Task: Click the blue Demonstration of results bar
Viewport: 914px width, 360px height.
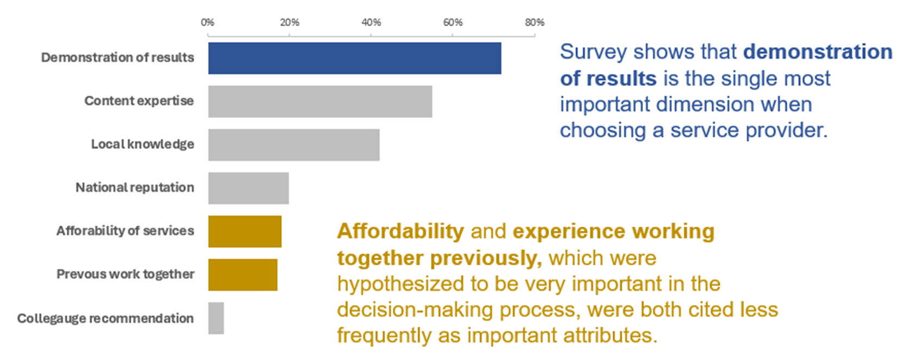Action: pos(354,58)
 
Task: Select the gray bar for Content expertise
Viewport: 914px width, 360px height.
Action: pos(320,101)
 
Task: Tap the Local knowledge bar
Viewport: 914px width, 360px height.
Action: pos(294,145)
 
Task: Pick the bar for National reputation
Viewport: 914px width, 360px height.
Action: pos(248,188)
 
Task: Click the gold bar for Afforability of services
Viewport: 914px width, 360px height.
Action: pos(245,232)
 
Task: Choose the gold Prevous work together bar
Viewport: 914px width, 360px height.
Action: pos(243,275)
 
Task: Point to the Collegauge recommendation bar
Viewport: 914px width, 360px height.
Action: pos(216,318)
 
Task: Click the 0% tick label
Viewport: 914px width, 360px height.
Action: pos(207,22)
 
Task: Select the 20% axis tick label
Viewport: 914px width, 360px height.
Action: pos(289,22)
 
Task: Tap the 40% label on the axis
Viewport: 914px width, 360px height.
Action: pos(371,22)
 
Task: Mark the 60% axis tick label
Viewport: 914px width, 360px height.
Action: pos(453,22)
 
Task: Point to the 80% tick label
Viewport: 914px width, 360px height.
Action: pos(534,22)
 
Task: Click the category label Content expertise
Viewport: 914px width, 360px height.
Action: pos(139,101)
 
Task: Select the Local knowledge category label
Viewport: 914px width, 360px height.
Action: pos(142,144)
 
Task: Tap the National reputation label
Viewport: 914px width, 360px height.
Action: pos(134,188)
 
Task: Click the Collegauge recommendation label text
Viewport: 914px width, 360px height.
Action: pos(105,318)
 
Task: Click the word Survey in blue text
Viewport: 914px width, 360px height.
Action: pos(593,52)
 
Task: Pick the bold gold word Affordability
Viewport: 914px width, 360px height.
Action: pos(400,232)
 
